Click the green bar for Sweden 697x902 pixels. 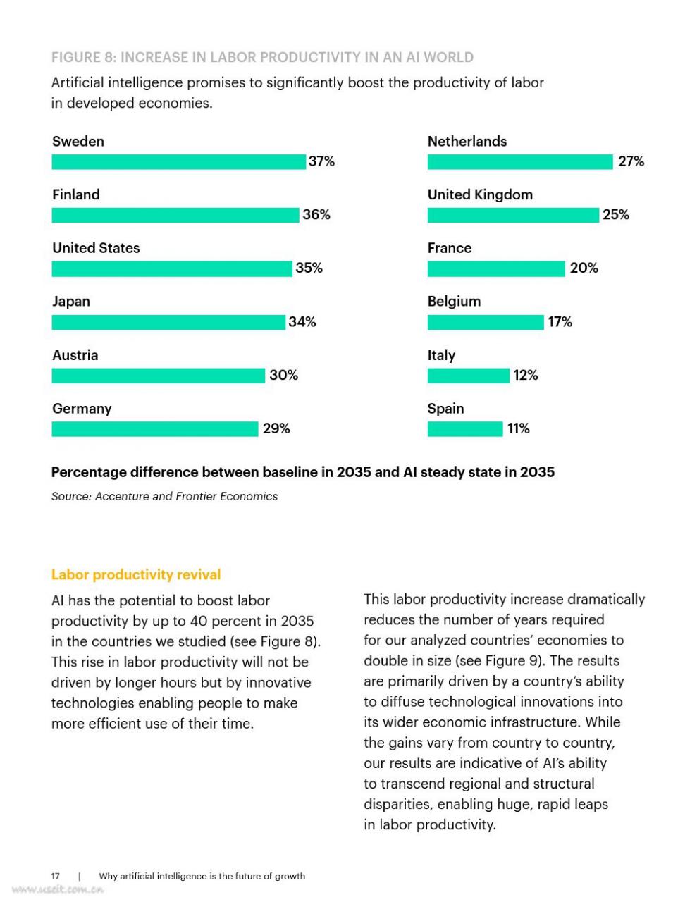[178, 161]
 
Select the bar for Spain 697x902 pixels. [465, 428]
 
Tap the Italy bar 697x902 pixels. [468, 376]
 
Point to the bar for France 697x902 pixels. [496, 268]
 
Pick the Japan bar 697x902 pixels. [168, 322]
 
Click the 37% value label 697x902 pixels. [321, 161]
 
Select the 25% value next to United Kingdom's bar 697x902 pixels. [616, 215]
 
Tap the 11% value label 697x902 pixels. [518, 428]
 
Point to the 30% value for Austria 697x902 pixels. [283, 375]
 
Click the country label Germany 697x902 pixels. [82, 409]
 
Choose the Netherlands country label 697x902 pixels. [467, 142]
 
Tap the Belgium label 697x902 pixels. [454, 302]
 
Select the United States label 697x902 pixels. [96, 248]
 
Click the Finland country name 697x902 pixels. [76, 194]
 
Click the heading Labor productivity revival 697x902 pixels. [136, 574]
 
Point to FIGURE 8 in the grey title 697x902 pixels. [83, 57]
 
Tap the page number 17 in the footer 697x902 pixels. [55, 876]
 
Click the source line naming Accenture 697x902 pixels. [164, 497]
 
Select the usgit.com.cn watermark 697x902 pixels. [58, 889]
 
